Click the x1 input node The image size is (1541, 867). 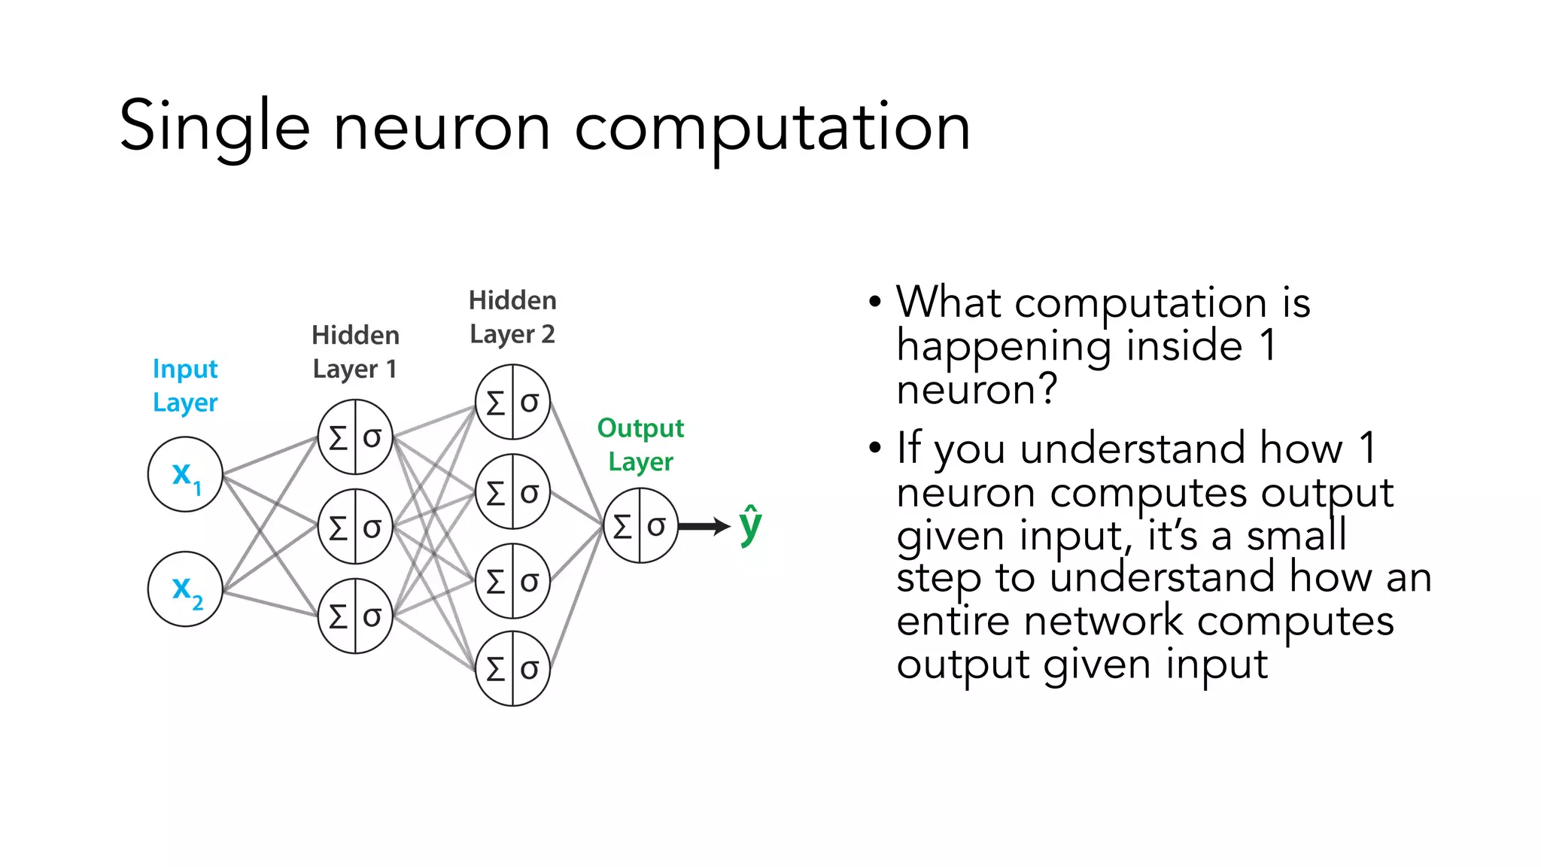(185, 475)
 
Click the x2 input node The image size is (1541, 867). (185, 589)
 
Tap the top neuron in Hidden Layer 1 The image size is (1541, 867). (355, 437)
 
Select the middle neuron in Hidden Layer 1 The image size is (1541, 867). (355, 527)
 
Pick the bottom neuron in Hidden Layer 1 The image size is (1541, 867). (355, 616)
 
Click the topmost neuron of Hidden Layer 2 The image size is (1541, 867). (512, 402)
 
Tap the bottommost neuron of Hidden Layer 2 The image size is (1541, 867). (512, 668)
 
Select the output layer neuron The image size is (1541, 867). (640, 525)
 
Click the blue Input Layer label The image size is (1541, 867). (185, 385)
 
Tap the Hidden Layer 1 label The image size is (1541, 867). (355, 351)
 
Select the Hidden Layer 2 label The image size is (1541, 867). (512, 317)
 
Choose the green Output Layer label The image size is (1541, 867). (640, 444)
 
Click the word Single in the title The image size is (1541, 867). (214, 126)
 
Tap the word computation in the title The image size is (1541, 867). (772, 128)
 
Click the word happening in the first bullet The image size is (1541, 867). (1004, 346)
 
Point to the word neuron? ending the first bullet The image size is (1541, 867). (977, 390)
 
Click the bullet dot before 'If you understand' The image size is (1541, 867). (874, 448)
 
